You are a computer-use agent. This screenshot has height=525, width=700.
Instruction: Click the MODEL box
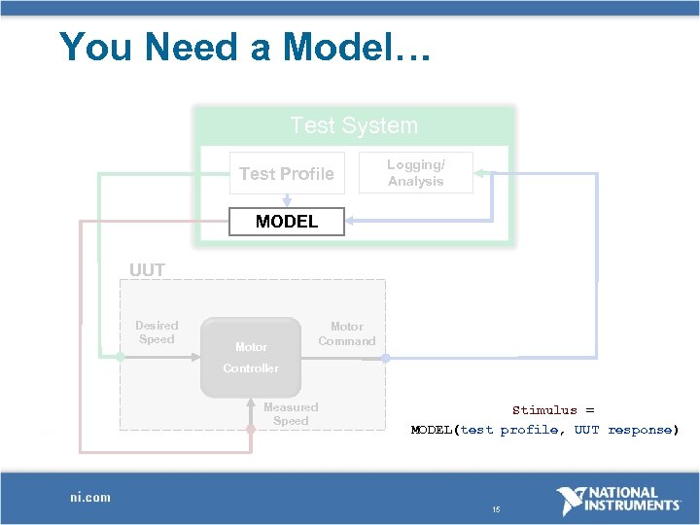pos(287,222)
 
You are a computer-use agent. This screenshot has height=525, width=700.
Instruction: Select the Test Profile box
pos(287,174)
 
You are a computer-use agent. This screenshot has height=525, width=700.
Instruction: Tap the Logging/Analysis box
pos(416,173)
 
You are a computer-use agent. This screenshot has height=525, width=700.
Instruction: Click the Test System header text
pos(354,125)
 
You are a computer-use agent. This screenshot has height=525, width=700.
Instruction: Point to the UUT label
pos(148,270)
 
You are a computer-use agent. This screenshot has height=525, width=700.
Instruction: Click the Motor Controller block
pos(251,357)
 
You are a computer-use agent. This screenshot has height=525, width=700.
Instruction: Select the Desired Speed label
pos(157,332)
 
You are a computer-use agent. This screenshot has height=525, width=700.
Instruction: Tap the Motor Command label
pos(346,333)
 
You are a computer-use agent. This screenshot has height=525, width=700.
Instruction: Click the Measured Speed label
pos(290,414)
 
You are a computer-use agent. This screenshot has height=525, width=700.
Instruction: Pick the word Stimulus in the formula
pos(544,410)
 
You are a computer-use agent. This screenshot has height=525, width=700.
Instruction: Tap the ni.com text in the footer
pos(90,497)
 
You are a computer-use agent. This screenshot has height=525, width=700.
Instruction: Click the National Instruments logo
pos(617,500)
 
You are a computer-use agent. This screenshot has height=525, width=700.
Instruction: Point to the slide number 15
pos(496,509)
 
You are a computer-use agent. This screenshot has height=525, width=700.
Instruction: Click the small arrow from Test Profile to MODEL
pos(287,200)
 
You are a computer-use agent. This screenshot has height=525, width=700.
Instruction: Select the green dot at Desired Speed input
pos(120,357)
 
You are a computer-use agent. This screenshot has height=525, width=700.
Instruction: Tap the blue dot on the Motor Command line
pos(385,358)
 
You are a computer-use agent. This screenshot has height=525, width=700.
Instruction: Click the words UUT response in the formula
pos(626,430)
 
